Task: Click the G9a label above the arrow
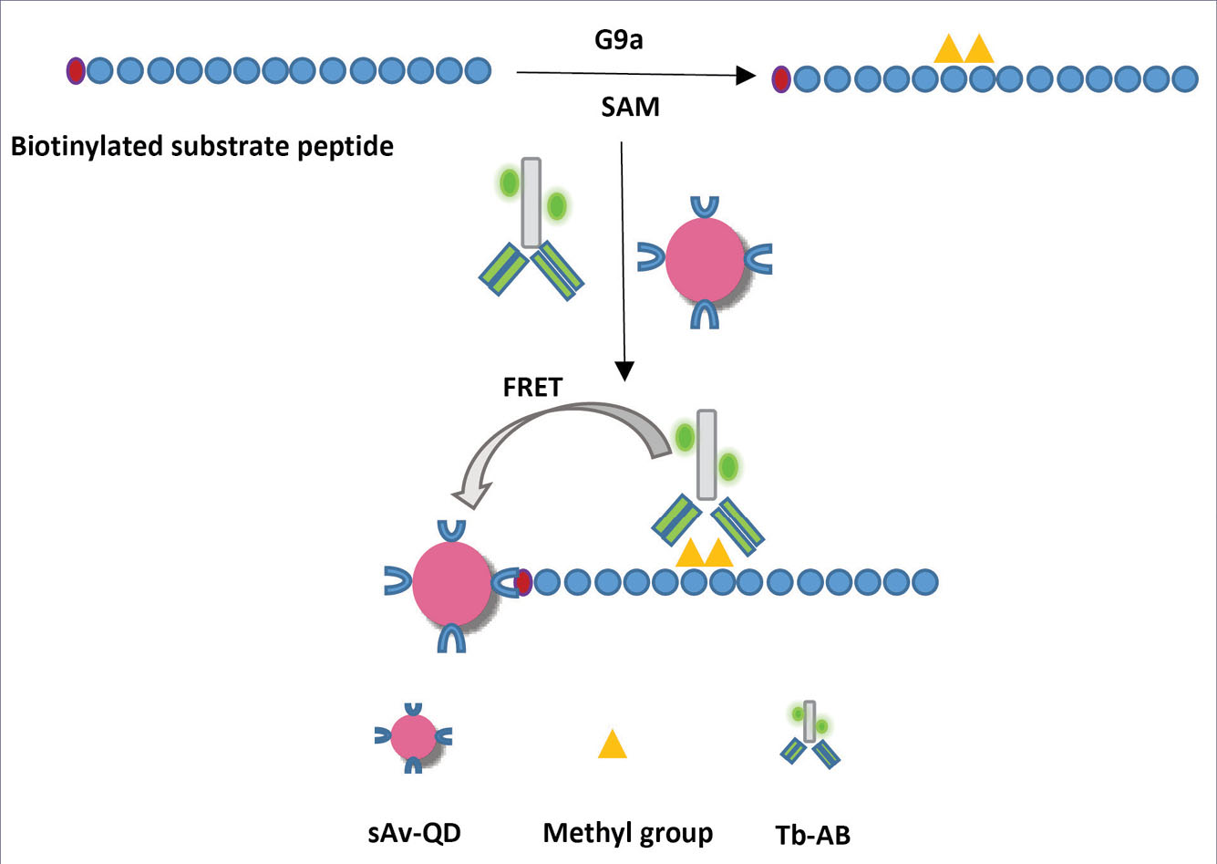coord(617,41)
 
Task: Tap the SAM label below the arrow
coord(630,108)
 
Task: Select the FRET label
coord(532,387)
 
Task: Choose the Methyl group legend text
coord(628,833)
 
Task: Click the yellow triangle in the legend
coord(613,744)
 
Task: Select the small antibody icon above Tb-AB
coord(810,734)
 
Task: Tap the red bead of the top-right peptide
coord(781,79)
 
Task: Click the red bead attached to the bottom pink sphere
coord(522,581)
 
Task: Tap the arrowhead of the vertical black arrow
coord(624,370)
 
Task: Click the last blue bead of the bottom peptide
coord(924,581)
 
